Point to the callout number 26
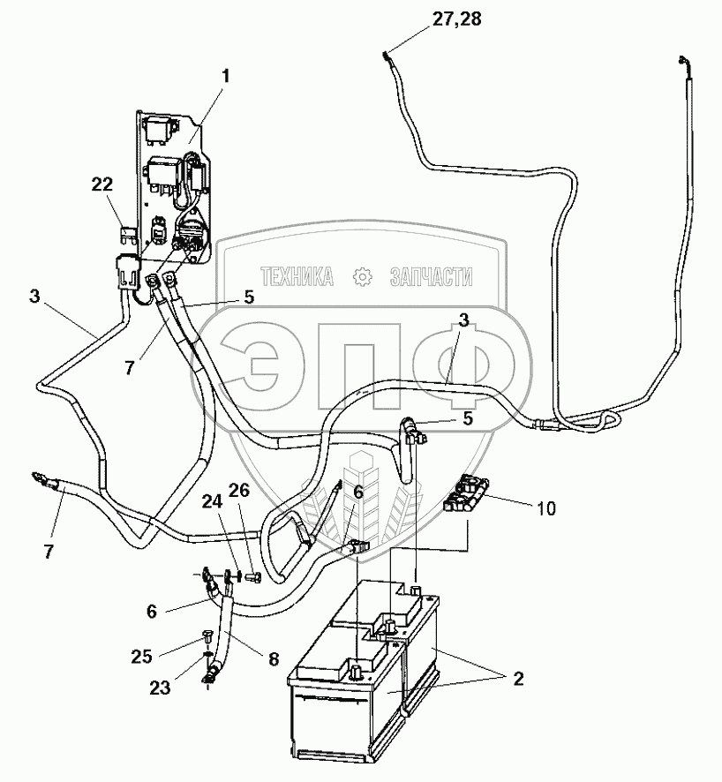click(241, 491)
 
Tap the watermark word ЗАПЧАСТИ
click(431, 278)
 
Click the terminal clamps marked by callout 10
click(466, 497)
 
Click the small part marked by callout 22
click(127, 234)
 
